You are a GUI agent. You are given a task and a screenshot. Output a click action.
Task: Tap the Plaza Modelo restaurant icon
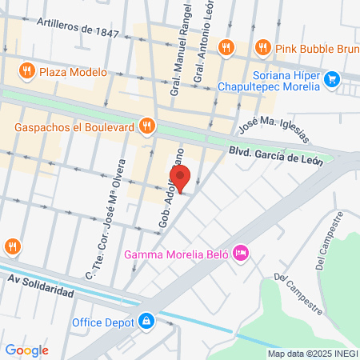point(27,71)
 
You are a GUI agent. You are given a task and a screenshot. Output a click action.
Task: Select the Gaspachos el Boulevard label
point(74,126)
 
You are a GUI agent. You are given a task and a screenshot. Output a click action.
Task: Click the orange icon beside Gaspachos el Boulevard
point(146,125)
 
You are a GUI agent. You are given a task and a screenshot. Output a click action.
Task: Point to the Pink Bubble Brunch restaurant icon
point(261,47)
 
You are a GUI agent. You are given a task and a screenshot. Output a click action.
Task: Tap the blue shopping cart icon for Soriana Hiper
point(332,78)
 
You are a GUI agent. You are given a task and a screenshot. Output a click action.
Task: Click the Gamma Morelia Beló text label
point(176,255)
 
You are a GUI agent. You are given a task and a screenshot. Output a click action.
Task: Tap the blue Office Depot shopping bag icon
point(146,322)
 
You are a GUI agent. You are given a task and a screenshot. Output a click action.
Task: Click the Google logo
point(26,350)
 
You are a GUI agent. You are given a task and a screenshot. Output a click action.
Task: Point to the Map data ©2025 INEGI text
point(311,354)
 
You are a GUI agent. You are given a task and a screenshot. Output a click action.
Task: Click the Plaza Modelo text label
point(73,71)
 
